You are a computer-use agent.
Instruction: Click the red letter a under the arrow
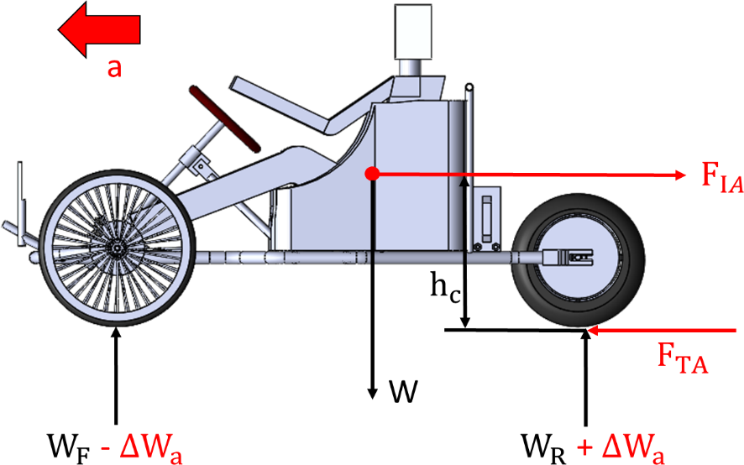[114, 67]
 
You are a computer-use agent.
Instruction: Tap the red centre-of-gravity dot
[369, 174]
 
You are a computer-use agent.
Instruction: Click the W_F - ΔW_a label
[115, 447]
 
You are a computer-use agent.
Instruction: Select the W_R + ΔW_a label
[593, 447]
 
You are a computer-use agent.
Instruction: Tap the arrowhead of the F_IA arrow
[680, 175]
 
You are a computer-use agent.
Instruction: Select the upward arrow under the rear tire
[585, 378]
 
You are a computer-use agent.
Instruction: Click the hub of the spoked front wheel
[115, 249]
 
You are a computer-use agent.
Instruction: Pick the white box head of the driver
[413, 29]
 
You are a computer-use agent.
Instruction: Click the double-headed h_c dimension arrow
[465, 252]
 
